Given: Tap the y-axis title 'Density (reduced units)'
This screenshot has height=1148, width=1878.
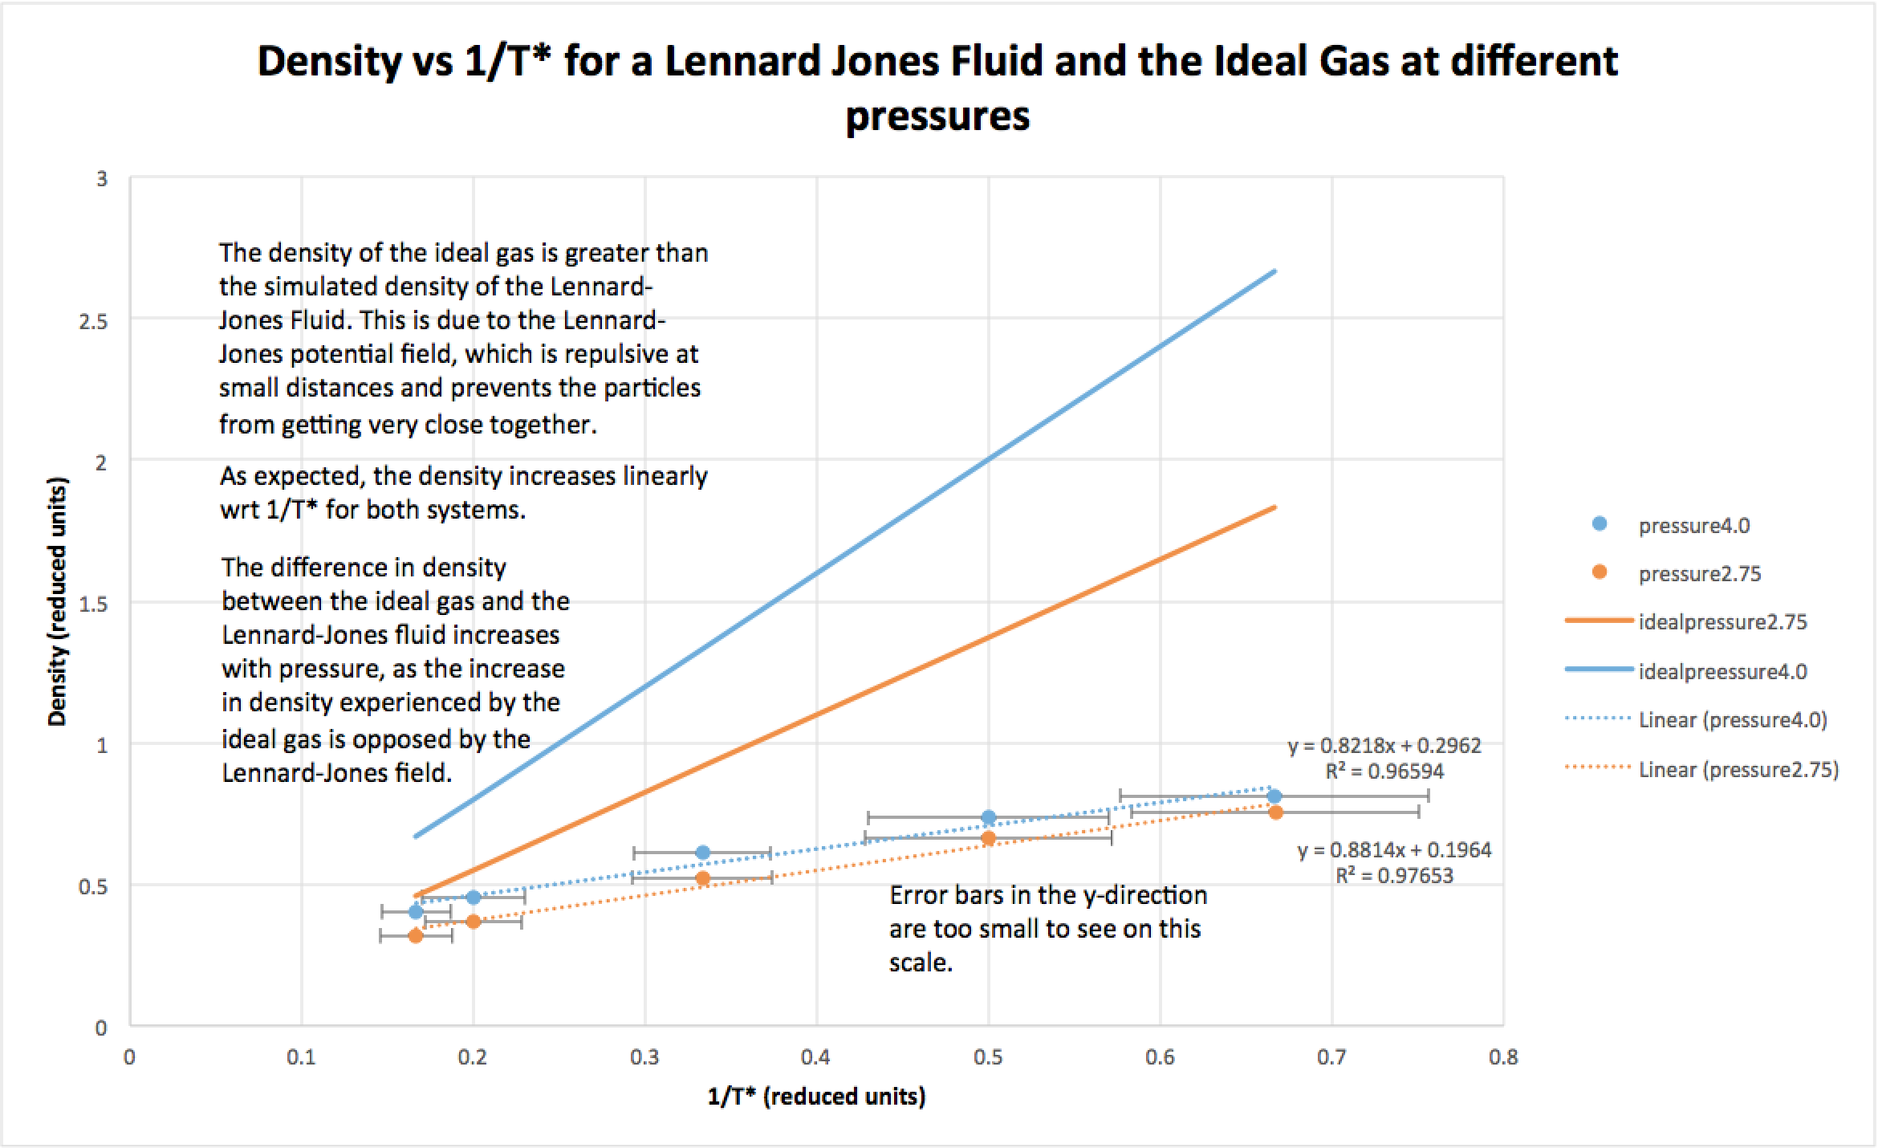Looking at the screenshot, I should click(57, 601).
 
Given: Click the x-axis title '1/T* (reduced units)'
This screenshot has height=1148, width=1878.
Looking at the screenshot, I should click(816, 1096).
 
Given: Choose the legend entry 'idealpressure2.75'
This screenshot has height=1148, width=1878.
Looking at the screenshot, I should click(1722, 622).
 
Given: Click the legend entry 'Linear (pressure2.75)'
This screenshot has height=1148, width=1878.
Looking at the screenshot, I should click(1738, 770).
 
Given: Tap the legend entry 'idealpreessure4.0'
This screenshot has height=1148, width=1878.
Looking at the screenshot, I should click(1722, 671).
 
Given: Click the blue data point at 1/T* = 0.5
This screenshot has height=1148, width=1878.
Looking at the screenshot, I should click(989, 817).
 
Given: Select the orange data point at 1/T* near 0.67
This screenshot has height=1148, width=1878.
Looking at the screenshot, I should click(1275, 812).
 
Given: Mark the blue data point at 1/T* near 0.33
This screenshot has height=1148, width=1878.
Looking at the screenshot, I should click(703, 853).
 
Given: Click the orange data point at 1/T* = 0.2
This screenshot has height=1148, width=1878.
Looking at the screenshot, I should click(474, 921).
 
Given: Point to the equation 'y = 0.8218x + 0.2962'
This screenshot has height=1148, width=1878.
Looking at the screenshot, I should click(1384, 746).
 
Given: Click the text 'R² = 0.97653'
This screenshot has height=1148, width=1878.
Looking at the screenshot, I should click(1394, 876).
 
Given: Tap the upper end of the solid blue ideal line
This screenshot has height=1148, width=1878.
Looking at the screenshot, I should click(1274, 271).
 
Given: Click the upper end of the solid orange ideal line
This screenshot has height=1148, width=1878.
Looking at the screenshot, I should click(1274, 507).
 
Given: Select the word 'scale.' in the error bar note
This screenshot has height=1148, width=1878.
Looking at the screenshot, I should click(921, 963).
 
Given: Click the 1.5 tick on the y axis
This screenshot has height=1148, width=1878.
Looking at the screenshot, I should click(96, 604).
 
